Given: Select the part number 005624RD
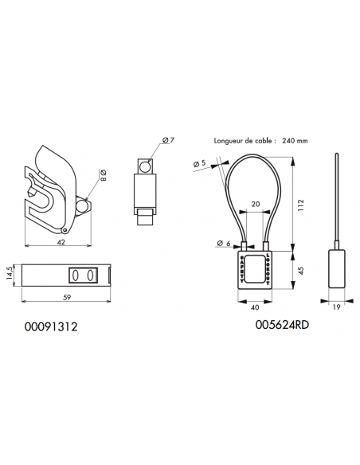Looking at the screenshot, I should point(282,326).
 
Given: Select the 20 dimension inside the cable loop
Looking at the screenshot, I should point(256,204).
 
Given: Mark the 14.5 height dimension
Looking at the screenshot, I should point(10,275).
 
